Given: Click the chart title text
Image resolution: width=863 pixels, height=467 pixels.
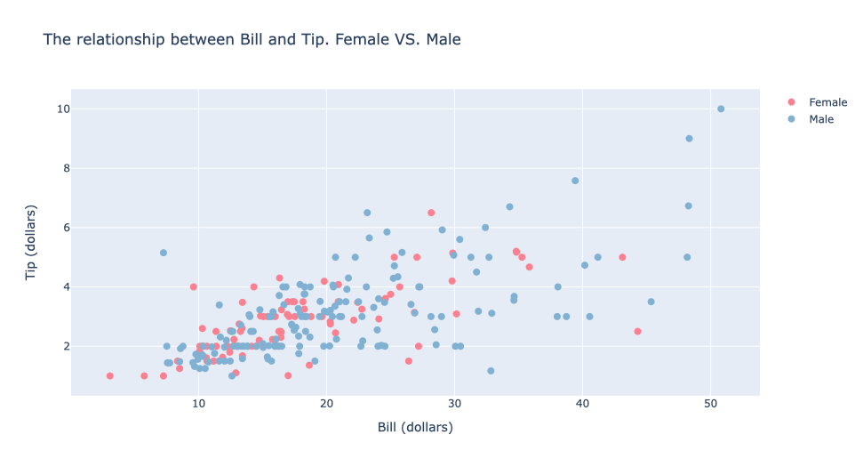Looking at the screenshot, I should click(252, 40).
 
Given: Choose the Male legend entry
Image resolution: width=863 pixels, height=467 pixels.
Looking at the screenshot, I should click(820, 119).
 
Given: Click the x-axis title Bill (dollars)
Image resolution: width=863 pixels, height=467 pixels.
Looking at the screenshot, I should click(415, 427).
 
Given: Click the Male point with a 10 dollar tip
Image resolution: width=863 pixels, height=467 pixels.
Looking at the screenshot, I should click(721, 109).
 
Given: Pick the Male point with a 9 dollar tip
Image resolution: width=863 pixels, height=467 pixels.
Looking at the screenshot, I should click(689, 139).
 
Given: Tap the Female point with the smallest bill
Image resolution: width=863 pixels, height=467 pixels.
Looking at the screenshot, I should click(110, 375).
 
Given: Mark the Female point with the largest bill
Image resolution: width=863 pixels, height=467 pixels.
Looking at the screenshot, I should click(637, 331).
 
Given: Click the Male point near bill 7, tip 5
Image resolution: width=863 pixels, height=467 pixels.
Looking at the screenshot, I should click(164, 253).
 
